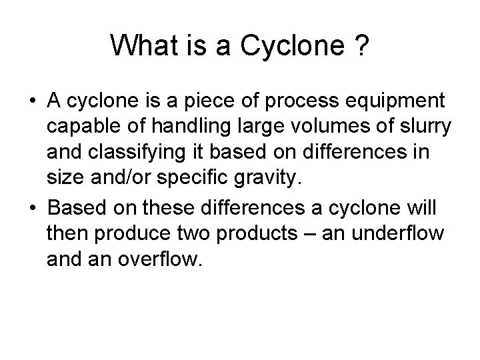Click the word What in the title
click(x=139, y=45)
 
